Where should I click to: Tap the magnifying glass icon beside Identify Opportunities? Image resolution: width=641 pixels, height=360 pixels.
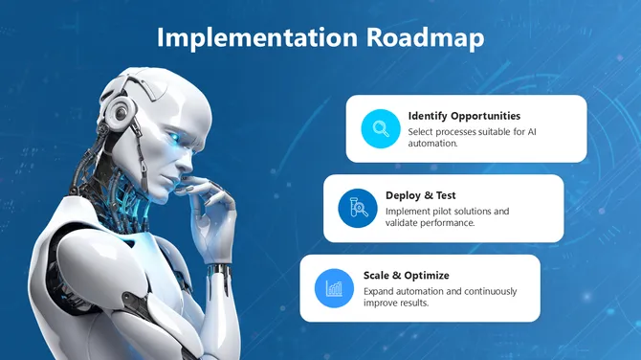click(x=380, y=128)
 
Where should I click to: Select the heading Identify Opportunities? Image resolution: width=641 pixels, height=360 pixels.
click(x=464, y=116)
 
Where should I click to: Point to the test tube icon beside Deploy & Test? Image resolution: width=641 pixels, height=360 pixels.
click(x=357, y=208)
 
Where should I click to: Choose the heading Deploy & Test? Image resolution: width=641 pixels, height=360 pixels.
click(x=421, y=195)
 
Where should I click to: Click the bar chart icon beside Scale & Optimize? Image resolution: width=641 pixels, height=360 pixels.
click(x=334, y=287)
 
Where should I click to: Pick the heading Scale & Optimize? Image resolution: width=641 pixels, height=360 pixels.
click(x=406, y=276)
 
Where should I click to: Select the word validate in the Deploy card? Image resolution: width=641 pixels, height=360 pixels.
click(x=404, y=223)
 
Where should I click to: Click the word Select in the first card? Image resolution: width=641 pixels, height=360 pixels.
click(x=421, y=131)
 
